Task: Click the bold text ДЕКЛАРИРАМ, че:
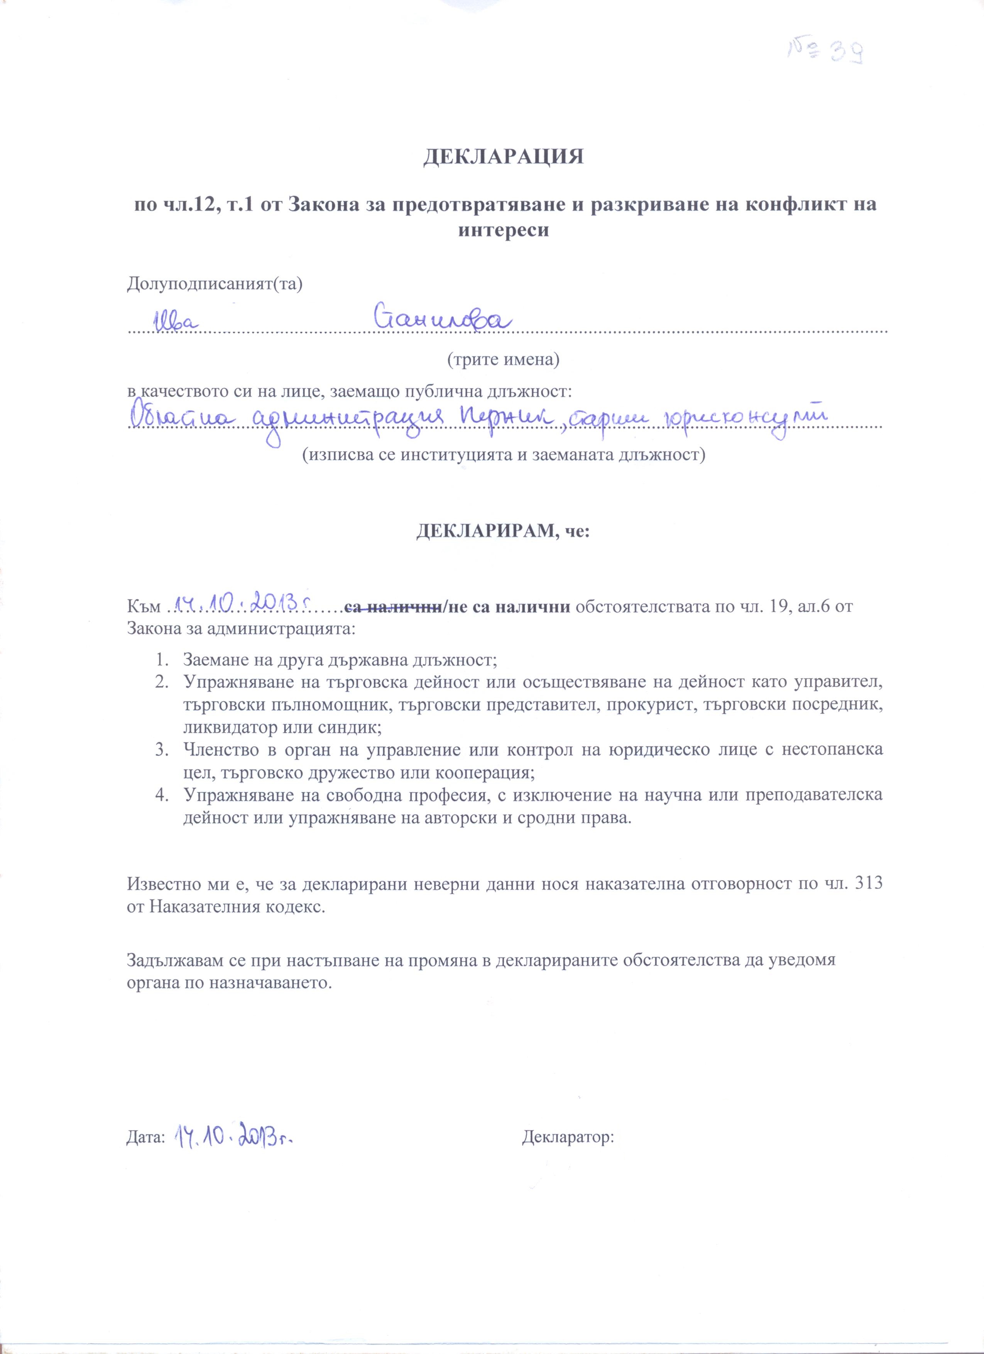click(503, 531)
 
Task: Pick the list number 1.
click(160, 661)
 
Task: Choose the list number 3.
click(160, 750)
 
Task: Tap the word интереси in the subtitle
click(503, 230)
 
